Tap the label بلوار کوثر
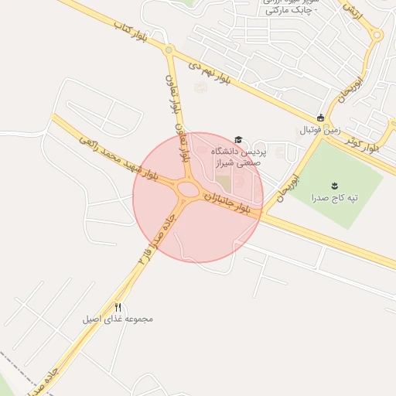click(364, 144)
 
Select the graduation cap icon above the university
click(238, 139)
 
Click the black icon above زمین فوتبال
click(320, 118)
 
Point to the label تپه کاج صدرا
click(334, 198)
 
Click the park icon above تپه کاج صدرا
click(334, 185)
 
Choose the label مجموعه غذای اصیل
click(118, 318)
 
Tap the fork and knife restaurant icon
click(118, 306)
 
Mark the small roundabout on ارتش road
click(377, 35)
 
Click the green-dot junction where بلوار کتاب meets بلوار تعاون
click(169, 51)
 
